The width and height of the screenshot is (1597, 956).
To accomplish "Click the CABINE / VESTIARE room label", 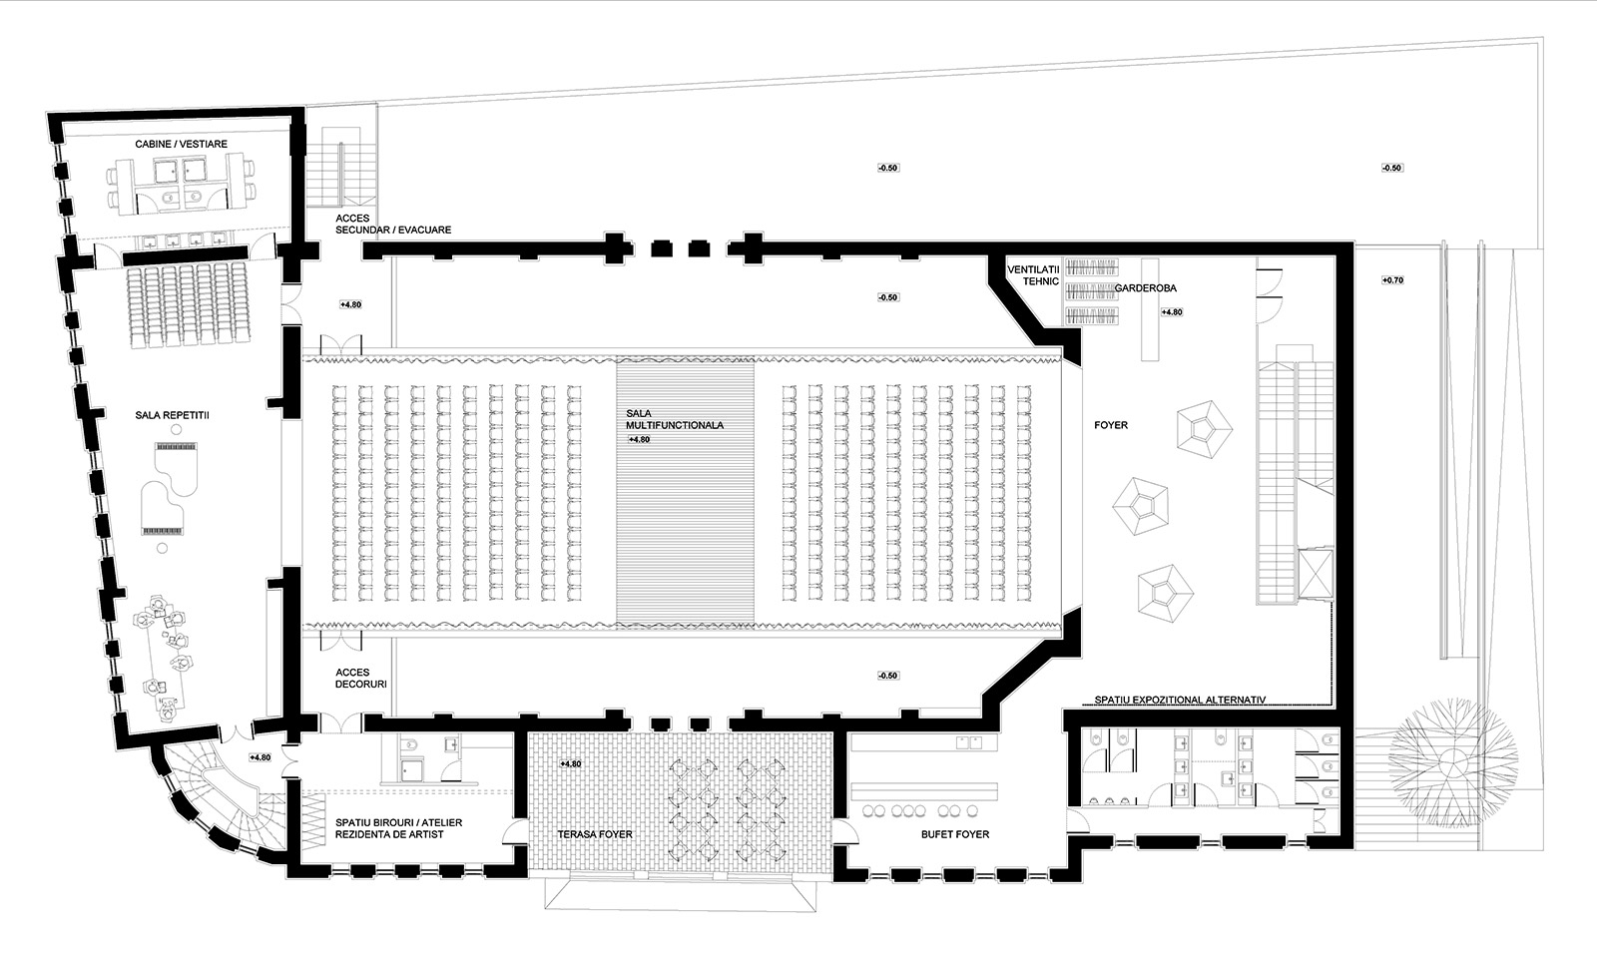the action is click(181, 144).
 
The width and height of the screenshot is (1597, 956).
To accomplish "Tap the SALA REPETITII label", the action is click(173, 415).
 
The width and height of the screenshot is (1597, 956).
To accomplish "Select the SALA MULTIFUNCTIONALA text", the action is click(675, 419).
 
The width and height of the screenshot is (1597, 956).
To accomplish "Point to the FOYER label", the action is click(1111, 425).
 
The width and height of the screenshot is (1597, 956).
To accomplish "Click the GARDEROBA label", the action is click(1146, 288).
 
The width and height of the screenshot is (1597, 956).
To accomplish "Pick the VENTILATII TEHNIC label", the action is click(1033, 275).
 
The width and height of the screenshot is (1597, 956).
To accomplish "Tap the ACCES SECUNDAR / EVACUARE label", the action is click(393, 224).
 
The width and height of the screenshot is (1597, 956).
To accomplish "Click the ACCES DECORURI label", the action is click(360, 678).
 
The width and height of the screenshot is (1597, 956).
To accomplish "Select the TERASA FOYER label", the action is click(595, 834).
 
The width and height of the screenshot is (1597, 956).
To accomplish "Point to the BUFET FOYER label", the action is click(955, 834).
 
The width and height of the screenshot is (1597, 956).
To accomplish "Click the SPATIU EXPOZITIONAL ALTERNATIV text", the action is click(1180, 701).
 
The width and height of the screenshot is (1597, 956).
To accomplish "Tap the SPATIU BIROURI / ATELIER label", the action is click(398, 822).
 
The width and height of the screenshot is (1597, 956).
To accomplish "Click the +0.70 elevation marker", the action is click(1392, 280).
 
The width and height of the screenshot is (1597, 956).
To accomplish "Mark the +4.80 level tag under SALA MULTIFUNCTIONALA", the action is click(639, 440).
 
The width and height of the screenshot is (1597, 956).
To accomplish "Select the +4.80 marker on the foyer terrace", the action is click(570, 764).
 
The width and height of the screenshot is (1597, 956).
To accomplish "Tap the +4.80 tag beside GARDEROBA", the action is click(1172, 312).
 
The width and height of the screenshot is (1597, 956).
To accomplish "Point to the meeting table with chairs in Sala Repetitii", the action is click(164, 658).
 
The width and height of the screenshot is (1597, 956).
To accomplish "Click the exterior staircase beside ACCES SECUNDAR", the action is click(340, 167).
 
